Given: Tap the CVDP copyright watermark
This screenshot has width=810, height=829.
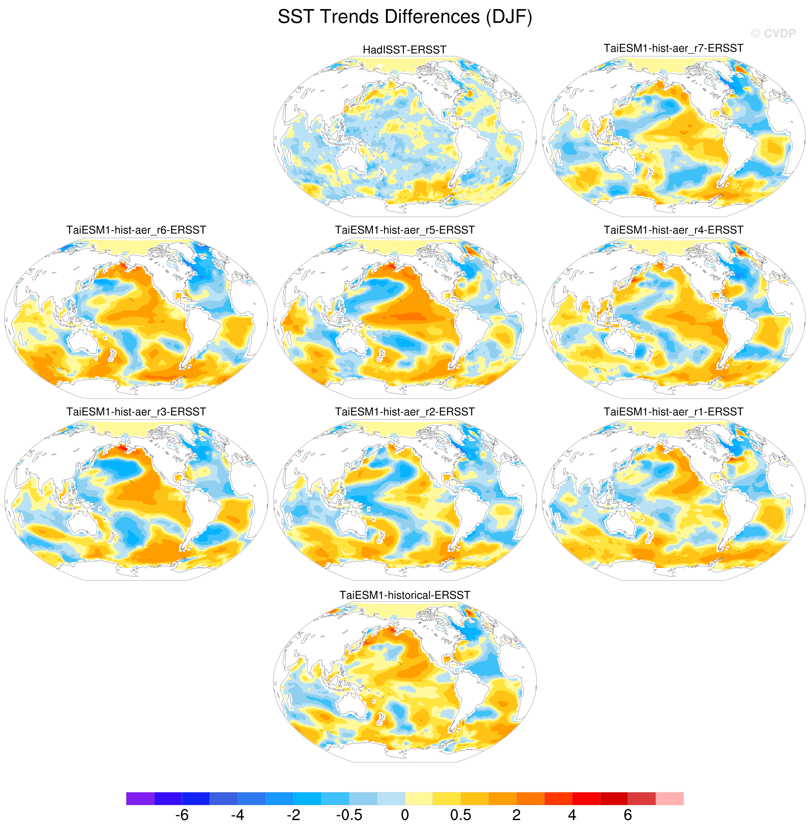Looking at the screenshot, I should coord(773,34).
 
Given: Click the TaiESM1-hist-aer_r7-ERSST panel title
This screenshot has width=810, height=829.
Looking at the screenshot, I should coord(673,48).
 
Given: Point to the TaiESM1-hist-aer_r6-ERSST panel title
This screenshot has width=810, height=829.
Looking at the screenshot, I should coord(136,230).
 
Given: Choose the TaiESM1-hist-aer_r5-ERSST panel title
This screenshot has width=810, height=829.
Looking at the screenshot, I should coord(405,230).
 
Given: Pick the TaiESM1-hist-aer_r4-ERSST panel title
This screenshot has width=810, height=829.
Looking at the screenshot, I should coord(673,230).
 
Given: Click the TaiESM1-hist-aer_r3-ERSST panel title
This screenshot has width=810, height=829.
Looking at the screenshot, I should coord(136,412).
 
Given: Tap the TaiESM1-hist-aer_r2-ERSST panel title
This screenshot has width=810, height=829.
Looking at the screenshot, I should coord(405,412).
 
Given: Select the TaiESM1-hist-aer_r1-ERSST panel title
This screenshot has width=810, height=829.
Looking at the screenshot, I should coord(673,412).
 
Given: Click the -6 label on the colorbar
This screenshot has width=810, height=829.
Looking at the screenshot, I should coord(182,815).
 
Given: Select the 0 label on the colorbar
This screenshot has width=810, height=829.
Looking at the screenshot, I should coord(405,815).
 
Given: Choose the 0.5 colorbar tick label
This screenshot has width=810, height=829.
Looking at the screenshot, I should coord(461,815).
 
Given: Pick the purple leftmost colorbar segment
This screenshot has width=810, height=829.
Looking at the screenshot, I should coord(140,798).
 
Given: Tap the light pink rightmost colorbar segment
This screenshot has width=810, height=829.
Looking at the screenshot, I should coord(670,798).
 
